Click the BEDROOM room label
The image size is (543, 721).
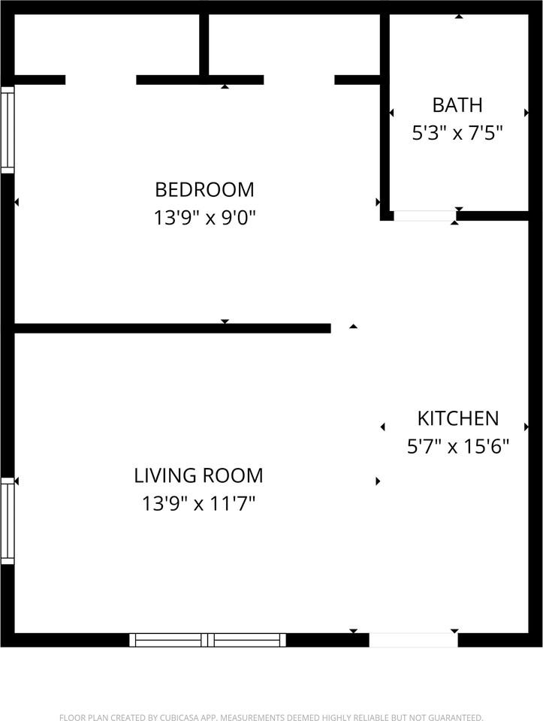click(204, 189)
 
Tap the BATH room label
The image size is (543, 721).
click(457, 104)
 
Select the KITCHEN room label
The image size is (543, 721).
click(457, 418)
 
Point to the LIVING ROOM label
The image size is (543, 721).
click(198, 475)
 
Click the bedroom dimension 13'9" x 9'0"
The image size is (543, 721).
click(204, 218)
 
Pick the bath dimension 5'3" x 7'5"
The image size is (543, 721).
click(457, 134)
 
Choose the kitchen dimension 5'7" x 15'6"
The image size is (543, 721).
click(457, 447)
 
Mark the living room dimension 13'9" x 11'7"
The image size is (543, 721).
click(198, 504)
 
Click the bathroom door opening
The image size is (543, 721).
click(424, 216)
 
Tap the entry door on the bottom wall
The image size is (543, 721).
click(413, 640)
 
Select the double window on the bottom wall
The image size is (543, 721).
click(208, 640)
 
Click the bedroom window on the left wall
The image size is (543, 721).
click(8, 129)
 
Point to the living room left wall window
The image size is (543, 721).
click(8, 520)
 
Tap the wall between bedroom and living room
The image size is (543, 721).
click(172, 328)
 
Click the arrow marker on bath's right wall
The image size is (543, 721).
click(526, 113)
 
